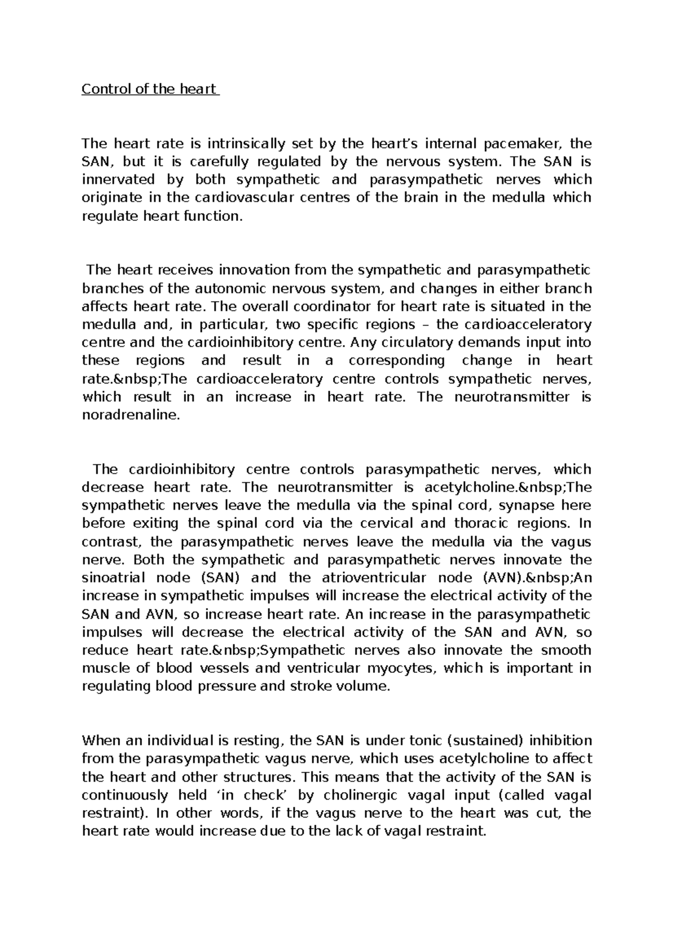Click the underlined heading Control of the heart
(x=150, y=89)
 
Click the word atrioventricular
(x=380, y=577)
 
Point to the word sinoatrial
(x=114, y=577)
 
